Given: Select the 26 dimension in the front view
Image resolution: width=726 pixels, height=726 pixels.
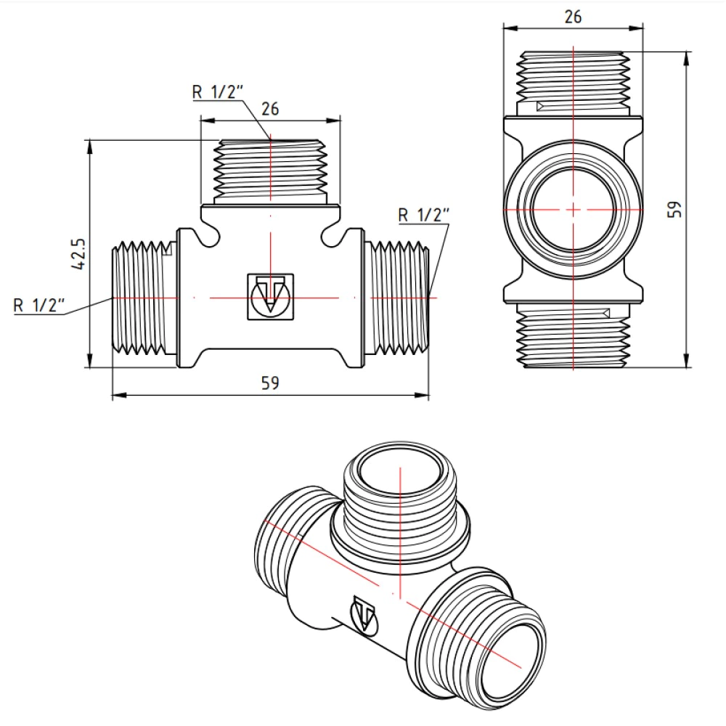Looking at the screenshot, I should [270, 109].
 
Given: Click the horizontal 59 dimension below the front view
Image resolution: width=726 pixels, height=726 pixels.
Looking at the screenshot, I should [270, 383].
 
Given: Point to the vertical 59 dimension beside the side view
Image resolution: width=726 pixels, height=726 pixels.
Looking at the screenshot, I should [674, 209].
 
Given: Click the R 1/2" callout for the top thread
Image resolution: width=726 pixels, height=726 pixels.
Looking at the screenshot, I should [217, 92].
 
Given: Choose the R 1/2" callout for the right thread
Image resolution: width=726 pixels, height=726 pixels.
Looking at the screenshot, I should [424, 214].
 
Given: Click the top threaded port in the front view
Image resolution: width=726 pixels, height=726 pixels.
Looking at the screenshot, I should [270, 170].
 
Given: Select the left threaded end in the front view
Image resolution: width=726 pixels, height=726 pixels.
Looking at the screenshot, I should [144, 298].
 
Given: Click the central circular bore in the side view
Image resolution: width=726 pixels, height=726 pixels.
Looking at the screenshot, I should [573, 209].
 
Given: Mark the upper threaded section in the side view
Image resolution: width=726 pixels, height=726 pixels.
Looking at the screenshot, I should [573, 80].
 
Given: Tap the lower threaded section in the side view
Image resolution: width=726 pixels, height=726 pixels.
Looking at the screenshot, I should [573, 335].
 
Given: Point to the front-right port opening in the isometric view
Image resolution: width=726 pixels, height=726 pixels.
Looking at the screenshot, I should [515, 656].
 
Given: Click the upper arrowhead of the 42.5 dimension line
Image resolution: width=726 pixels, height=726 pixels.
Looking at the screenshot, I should [90, 146].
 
